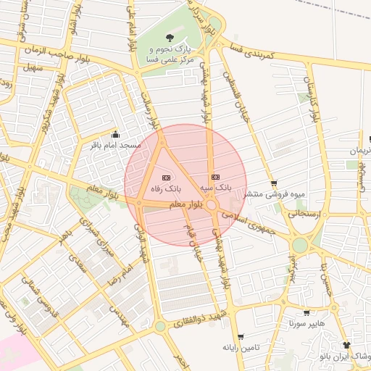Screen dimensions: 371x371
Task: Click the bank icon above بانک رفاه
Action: click(x=166, y=178)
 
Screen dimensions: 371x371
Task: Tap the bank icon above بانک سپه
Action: click(x=214, y=177)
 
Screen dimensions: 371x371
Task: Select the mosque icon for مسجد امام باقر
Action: click(x=115, y=134)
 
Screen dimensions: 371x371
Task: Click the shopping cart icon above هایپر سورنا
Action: click(x=307, y=313)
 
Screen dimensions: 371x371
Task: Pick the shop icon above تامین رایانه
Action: click(x=241, y=337)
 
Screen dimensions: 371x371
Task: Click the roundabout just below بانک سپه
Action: click(x=211, y=206)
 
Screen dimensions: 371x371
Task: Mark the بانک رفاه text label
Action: click(x=164, y=188)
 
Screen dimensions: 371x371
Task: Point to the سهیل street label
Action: click(x=33, y=68)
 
